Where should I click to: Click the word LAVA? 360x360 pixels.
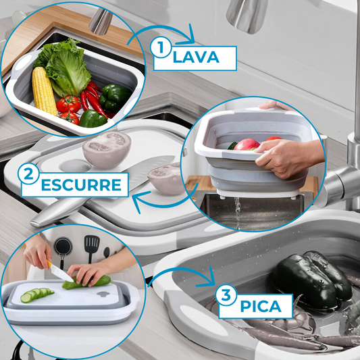point(196,57)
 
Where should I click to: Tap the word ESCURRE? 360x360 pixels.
point(81,185)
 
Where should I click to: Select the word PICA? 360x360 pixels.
point(261,306)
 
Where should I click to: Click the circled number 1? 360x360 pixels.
point(161,48)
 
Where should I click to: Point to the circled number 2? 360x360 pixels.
point(28,174)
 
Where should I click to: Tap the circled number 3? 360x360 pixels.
point(226,295)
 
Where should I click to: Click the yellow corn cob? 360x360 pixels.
point(44,91)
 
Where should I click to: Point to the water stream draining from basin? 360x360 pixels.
point(237,213)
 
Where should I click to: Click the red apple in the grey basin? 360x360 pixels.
point(247,144)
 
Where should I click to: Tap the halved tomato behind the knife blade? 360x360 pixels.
point(107,150)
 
